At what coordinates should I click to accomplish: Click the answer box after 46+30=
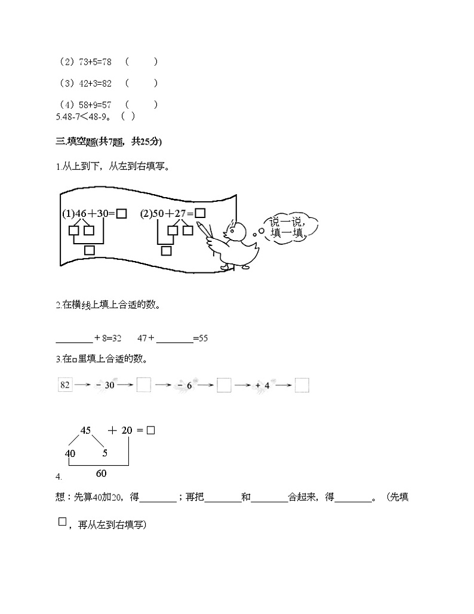pyautogui.click(x=121, y=213)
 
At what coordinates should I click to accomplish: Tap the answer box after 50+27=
pyautogui.click(x=200, y=213)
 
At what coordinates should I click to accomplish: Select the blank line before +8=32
pyautogui.click(x=73, y=338)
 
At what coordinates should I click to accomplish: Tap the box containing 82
pyautogui.click(x=64, y=385)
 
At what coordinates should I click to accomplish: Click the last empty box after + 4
pyautogui.click(x=302, y=385)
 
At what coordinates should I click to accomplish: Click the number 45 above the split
pyautogui.click(x=85, y=431)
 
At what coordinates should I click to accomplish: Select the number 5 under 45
pyautogui.click(x=104, y=453)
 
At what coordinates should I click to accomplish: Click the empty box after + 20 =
pyautogui.click(x=150, y=430)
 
